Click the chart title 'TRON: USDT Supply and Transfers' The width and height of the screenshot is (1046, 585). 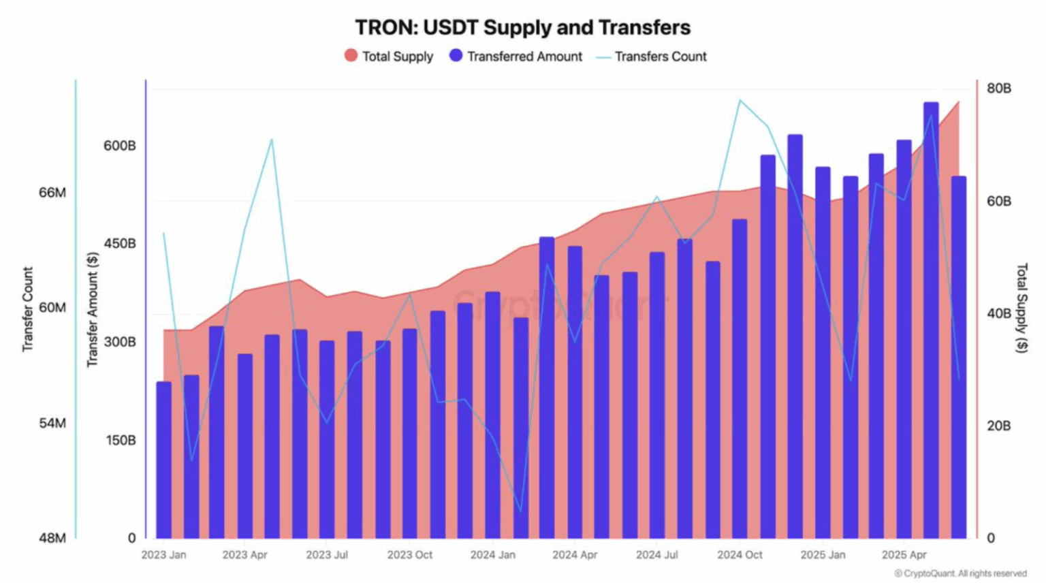[x=522, y=28]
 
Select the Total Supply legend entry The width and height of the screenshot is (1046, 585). [x=389, y=57]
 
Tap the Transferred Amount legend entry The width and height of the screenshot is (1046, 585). [x=516, y=57]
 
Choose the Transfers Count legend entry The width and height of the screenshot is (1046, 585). [x=652, y=57]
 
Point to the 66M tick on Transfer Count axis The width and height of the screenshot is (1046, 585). [x=52, y=193]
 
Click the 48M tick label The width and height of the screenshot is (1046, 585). [x=52, y=538]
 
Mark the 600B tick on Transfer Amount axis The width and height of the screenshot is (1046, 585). [x=120, y=146]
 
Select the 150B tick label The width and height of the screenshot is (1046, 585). [x=120, y=440]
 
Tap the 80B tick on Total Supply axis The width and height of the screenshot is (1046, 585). [x=999, y=89]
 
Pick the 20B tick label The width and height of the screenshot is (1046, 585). [x=999, y=426]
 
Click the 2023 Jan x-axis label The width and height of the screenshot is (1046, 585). [x=163, y=555]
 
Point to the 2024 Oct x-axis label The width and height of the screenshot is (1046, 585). [x=740, y=555]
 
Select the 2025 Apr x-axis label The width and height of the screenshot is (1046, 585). [x=904, y=555]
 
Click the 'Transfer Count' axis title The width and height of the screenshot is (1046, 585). [x=28, y=309]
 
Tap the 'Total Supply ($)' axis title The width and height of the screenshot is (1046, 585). [x=1021, y=308]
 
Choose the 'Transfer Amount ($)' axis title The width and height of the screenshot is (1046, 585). [x=93, y=310]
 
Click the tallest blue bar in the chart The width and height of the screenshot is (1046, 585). [x=931, y=320]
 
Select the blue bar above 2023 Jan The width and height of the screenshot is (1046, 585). [x=164, y=460]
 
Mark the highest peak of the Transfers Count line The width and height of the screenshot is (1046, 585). [x=740, y=100]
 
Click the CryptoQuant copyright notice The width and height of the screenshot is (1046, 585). [x=960, y=574]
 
